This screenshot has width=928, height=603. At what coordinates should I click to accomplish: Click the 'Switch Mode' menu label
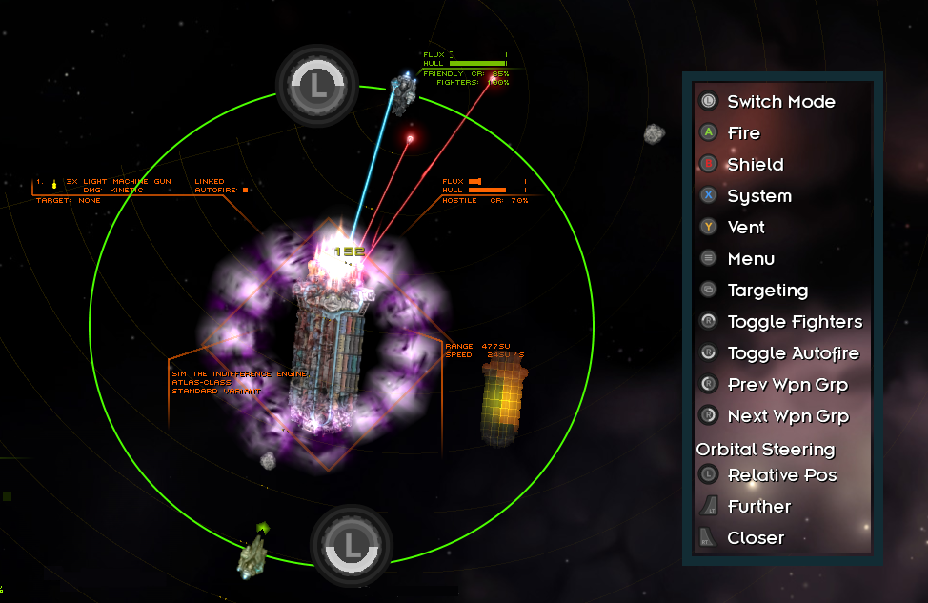(x=780, y=102)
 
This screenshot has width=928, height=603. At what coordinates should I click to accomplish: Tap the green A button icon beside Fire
(x=708, y=132)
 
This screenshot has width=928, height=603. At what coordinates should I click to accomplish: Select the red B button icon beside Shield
(x=708, y=164)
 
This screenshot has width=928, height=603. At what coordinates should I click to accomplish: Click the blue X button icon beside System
(x=708, y=195)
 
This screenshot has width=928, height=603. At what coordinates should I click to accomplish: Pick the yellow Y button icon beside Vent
(x=708, y=227)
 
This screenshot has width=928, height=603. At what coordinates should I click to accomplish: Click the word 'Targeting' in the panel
(x=767, y=291)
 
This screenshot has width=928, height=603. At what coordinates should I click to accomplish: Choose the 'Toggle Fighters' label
(x=795, y=322)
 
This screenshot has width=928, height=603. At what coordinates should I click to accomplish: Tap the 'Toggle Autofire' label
(x=793, y=353)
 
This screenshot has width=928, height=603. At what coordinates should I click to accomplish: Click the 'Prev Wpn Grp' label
(x=787, y=385)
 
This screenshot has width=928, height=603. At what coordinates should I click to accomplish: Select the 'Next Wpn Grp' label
(x=788, y=416)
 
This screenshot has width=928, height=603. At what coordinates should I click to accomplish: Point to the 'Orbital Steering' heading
(x=765, y=449)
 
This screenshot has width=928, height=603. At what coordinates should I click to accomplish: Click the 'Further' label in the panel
(x=758, y=507)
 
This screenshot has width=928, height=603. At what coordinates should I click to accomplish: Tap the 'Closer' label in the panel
(x=756, y=538)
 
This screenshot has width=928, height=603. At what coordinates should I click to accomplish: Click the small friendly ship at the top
(x=404, y=91)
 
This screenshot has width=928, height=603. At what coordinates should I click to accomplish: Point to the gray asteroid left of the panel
(x=654, y=134)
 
